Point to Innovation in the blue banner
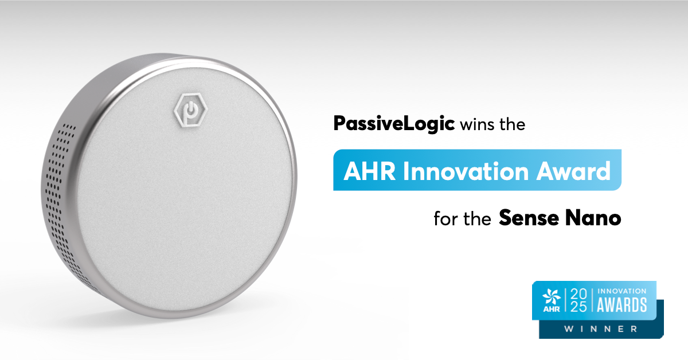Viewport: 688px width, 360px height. [x=454, y=170]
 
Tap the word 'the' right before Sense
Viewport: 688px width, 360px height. [x=477, y=218]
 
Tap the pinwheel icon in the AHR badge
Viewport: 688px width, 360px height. [x=550, y=296]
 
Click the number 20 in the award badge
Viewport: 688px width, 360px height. [x=579, y=293]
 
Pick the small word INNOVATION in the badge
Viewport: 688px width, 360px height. [x=622, y=291]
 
